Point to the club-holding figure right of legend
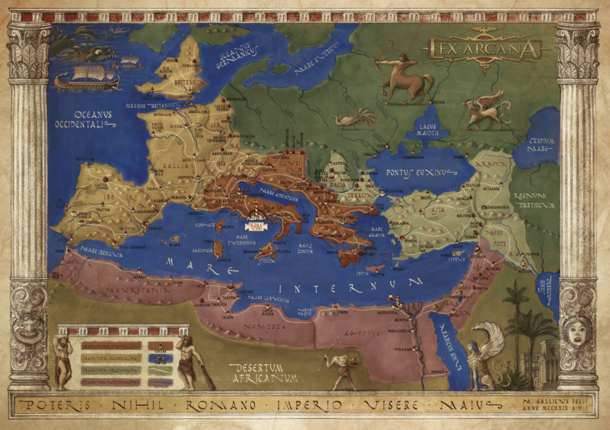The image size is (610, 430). (191, 360)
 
